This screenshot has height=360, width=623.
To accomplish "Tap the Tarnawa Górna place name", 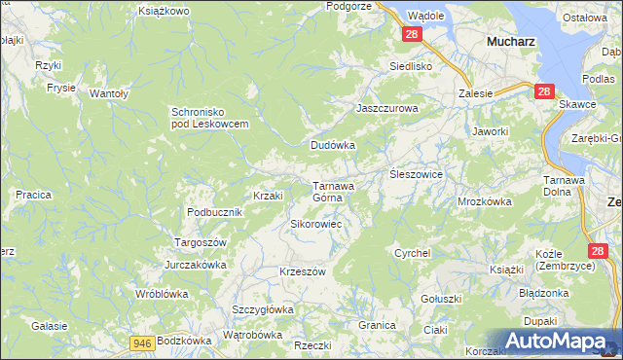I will point(332,191).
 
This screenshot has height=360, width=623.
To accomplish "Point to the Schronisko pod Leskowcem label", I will point(210,117).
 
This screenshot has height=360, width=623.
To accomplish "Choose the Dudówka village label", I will point(333,145).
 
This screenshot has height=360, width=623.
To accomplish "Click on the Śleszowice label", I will point(416,173).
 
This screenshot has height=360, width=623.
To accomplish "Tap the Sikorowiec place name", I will point(314,224).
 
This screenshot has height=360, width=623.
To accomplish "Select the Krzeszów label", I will point(302,271).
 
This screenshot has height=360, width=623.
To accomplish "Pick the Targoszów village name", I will point(200,241).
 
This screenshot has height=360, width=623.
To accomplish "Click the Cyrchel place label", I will point(412,253).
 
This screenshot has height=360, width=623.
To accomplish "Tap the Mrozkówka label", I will point(484,202).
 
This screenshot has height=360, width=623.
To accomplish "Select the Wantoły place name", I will point(110,93).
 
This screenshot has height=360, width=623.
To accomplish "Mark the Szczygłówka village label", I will point(262,309).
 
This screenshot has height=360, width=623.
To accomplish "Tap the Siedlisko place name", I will point(410,66).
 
